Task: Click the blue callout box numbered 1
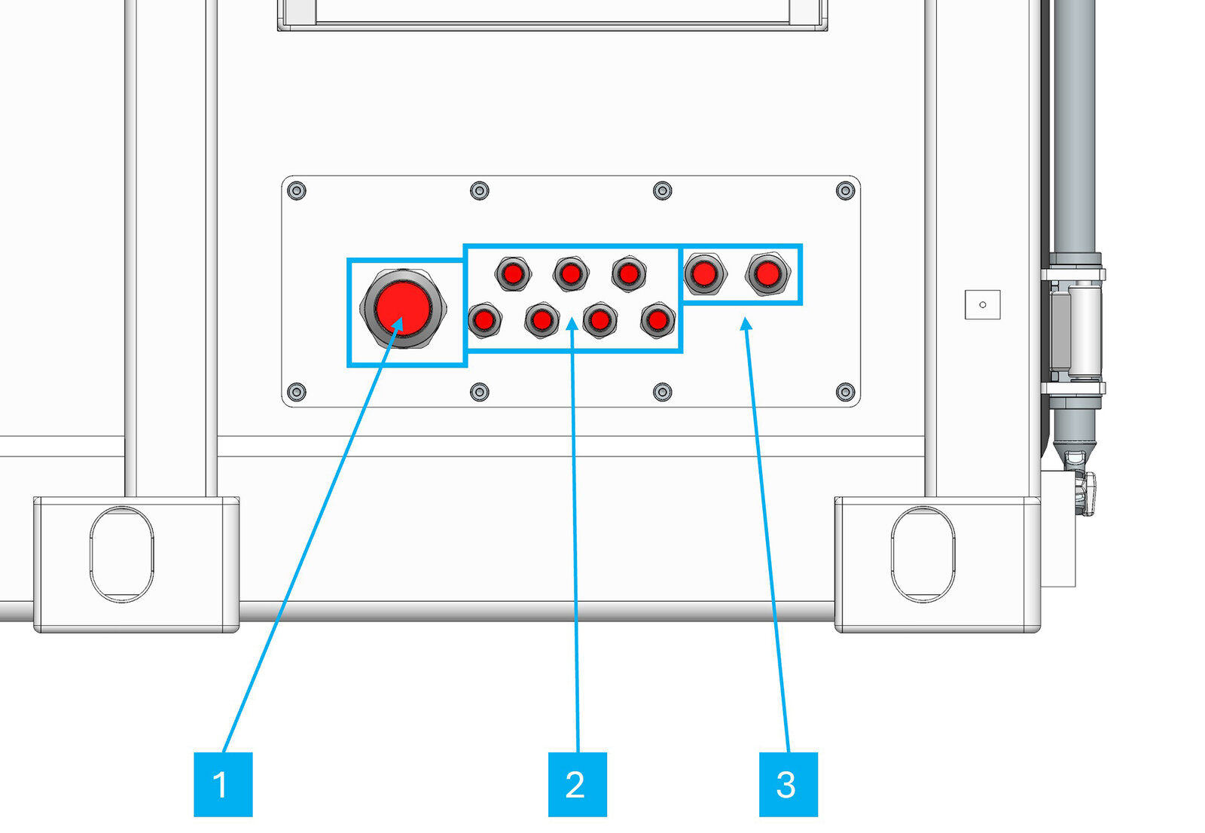223,784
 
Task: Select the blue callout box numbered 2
577,784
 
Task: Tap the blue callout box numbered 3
788,784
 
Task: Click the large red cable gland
404,308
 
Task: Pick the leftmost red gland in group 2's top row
513,273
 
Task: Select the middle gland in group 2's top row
571,273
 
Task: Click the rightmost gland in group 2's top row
629,273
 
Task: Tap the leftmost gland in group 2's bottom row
484,321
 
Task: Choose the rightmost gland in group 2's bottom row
657,321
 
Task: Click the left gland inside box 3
704,273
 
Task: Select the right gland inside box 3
767,273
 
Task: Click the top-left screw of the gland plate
297,191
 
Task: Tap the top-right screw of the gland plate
845,191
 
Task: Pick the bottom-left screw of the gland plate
297,392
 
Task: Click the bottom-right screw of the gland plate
845,392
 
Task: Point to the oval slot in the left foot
121,554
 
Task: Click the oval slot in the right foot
923,554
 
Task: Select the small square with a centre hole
982,304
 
